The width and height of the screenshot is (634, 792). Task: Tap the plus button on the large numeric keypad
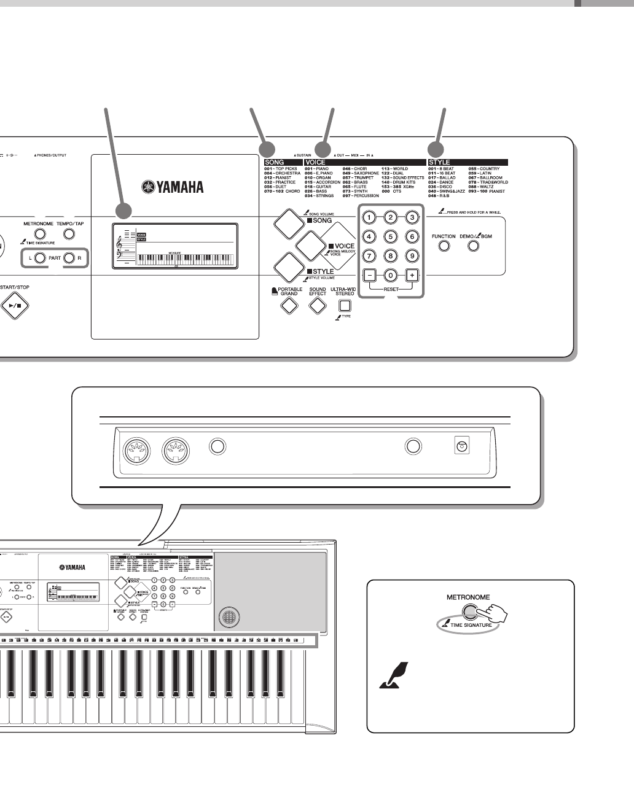(x=412, y=275)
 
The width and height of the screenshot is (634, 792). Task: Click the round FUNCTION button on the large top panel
(x=444, y=246)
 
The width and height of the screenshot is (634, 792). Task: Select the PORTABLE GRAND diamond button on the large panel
(x=289, y=305)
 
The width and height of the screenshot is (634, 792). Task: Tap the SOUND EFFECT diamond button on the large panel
(x=317, y=305)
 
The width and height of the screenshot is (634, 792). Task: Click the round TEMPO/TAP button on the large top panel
(x=69, y=234)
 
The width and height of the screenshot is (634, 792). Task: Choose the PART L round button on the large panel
(x=39, y=258)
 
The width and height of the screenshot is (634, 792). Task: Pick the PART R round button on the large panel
(x=69, y=258)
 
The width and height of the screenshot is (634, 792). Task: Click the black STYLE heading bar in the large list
(x=468, y=162)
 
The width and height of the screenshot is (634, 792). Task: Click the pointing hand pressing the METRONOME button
(x=493, y=615)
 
